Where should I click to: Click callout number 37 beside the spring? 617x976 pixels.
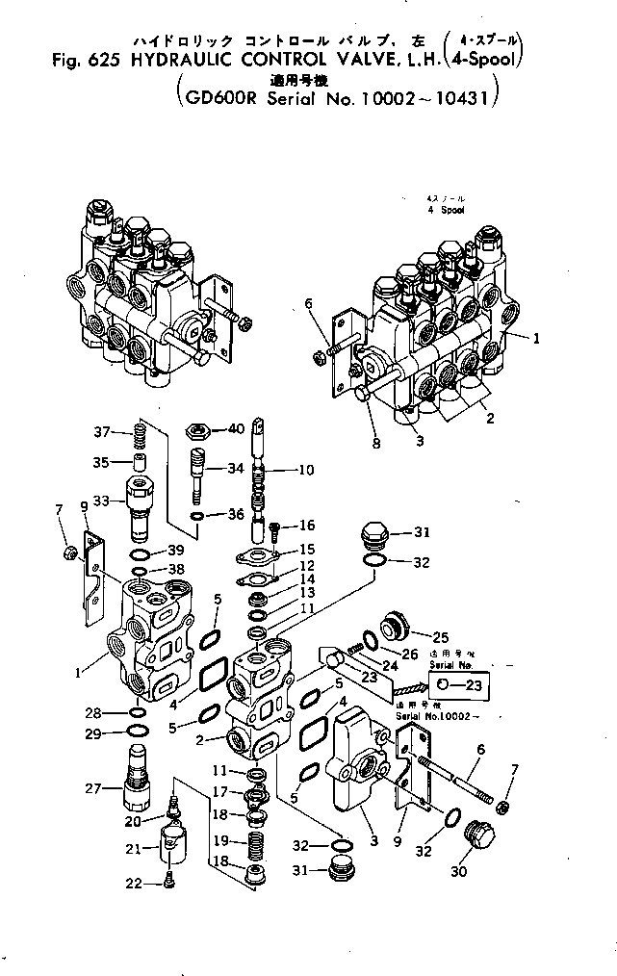pyautogui.click(x=102, y=430)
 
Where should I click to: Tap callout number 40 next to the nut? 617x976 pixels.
pyautogui.click(x=235, y=428)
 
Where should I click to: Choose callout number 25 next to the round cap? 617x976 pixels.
pyautogui.click(x=441, y=636)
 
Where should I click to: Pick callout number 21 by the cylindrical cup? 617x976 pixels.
pyautogui.click(x=135, y=848)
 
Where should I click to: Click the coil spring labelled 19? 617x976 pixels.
pyautogui.click(x=256, y=846)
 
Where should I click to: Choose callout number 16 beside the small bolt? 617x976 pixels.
pyautogui.click(x=307, y=526)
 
